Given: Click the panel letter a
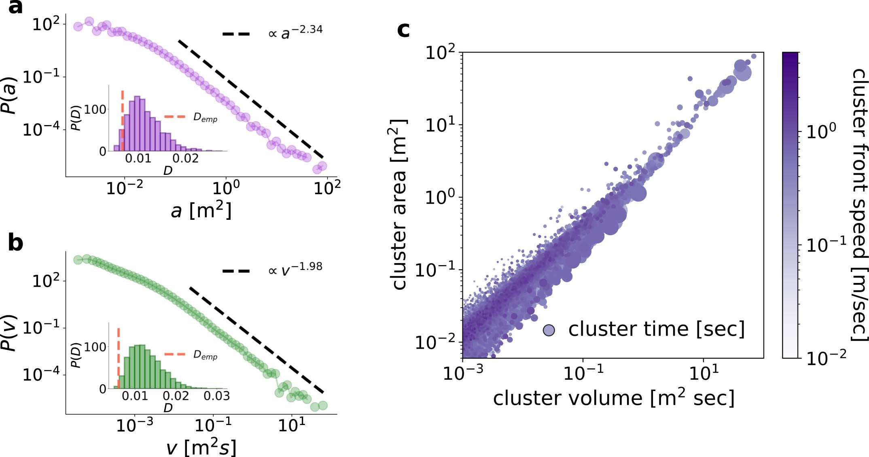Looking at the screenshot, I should click(x=15, y=7).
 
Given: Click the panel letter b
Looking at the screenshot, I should click(x=15, y=243).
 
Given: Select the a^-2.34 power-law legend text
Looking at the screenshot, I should click(x=296, y=32).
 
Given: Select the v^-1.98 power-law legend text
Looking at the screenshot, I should click(x=296, y=268).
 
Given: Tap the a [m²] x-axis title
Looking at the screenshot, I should click(x=201, y=210).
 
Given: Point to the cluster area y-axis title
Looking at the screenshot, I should click(x=399, y=204).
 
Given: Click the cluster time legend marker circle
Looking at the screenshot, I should click(x=549, y=330).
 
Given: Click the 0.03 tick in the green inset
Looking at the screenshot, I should click(x=216, y=396).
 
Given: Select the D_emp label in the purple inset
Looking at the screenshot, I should click(x=205, y=118).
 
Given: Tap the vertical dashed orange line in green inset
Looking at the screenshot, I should click(x=118, y=356).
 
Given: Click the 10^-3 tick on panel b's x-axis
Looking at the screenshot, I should click(x=135, y=425).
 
